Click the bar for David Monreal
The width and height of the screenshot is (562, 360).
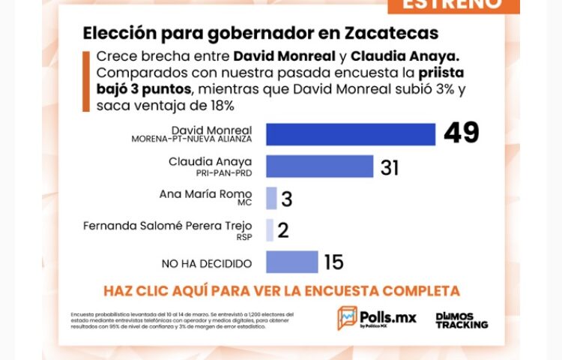click(x=351, y=134)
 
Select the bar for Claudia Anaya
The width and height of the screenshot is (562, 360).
click(x=319, y=166)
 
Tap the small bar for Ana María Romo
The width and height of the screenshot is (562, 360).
click(x=271, y=198)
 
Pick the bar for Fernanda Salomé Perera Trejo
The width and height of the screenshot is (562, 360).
click(x=270, y=229)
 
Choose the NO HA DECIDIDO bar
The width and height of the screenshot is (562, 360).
click(x=291, y=262)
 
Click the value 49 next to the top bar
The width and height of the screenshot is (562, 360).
click(x=461, y=133)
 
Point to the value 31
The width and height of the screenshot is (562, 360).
click(x=390, y=166)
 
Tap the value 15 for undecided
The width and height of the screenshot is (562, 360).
click(x=333, y=262)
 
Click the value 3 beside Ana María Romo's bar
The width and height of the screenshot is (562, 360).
click(x=286, y=199)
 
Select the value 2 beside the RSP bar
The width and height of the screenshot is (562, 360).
click(x=283, y=230)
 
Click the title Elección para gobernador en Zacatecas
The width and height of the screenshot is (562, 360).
click(x=260, y=34)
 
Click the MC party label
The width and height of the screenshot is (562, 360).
click(x=244, y=203)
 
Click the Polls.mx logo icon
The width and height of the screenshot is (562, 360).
click(x=347, y=318)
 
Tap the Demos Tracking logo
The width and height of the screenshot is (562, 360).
click(x=462, y=319)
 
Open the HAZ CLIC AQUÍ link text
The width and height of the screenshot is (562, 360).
click(x=281, y=290)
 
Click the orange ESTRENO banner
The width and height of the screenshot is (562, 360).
click(x=453, y=4)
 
